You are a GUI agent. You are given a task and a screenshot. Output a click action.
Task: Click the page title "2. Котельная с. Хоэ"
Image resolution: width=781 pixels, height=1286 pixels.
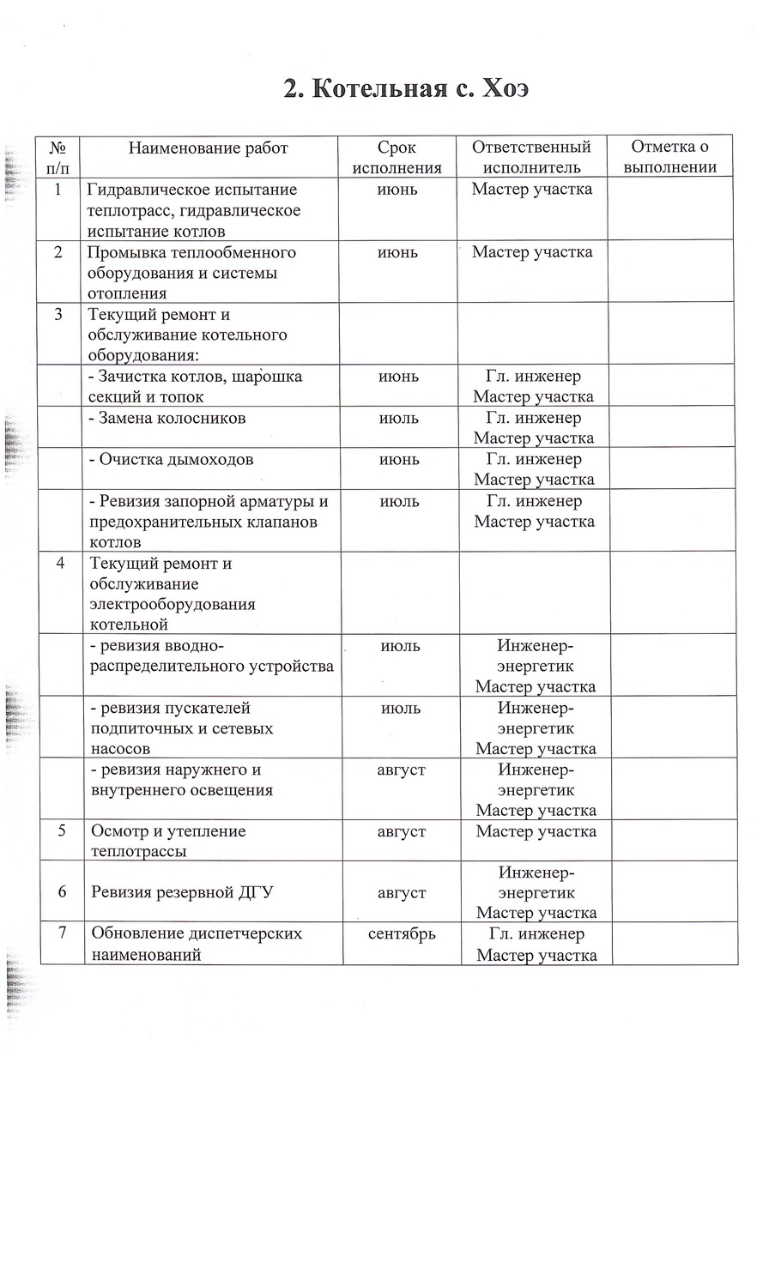pyautogui.click(x=406, y=88)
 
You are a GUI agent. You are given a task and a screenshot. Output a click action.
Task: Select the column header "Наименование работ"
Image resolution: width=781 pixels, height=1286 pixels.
pyautogui.click(x=209, y=148)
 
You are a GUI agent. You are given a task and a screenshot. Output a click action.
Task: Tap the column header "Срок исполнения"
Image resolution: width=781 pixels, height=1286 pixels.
pyautogui.click(x=397, y=157)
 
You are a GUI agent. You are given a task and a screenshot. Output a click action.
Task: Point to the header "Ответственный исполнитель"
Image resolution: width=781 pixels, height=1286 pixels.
pyautogui.click(x=532, y=157)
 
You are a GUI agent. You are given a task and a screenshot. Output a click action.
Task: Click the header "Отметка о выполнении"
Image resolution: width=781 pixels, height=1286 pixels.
pyautogui.click(x=669, y=157)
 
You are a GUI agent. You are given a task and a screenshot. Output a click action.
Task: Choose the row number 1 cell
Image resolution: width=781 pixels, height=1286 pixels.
pyautogui.click(x=58, y=190)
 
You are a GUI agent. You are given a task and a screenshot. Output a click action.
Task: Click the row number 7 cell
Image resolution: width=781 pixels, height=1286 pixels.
pyautogui.click(x=63, y=933)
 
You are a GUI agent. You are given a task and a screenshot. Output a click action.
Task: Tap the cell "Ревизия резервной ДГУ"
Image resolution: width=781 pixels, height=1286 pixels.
pyautogui.click(x=182, y=892)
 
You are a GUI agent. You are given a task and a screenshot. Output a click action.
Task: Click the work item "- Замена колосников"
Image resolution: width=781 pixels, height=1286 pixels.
pyautogui.click(x=168, y=418)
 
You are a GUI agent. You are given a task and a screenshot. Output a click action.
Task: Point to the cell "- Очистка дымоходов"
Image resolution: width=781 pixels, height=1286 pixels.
pyautogui.click(x=172, y=459)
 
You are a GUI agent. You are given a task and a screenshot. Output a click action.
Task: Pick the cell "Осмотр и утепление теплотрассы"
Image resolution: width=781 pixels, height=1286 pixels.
pyautogui.click(x=168, y=841)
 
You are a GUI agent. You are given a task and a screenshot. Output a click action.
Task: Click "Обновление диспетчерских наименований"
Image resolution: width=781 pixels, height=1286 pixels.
pyautogui.click(x=197, y=943)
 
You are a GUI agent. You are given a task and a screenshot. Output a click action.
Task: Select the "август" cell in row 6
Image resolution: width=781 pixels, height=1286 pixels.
pyautogui.click(x=402, y=892)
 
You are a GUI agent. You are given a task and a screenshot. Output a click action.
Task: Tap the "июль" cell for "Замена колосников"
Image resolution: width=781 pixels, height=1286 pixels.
pyautogui.click(x=399, y=418)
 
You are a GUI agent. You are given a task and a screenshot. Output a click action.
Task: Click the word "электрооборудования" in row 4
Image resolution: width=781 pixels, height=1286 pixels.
pyautogui.click(x=173, y=604)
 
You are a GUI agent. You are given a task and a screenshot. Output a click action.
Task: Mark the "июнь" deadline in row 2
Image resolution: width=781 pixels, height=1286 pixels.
pyautogui.click(x=398, y=252)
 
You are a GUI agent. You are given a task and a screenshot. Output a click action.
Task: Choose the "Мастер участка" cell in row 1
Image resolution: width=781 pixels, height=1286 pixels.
pyautogui.click(x=532, y=189)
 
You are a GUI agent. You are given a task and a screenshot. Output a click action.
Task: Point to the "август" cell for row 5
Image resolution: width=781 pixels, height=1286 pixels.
pyautogui.click(x=402, y=830)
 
